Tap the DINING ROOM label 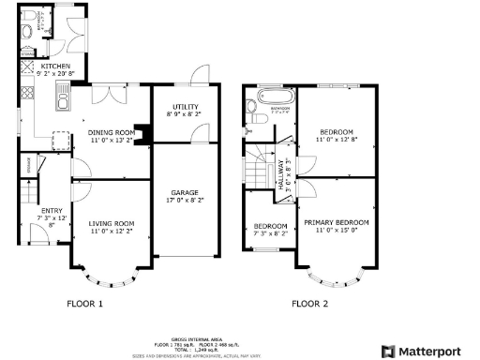(x=112, y=133)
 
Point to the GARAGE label (x=183, y=191)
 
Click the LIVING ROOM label (x=112, y=224)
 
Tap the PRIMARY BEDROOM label (x=336, y=222)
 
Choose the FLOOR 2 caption (x=309, y=303)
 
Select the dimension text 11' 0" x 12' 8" (x=336, y=140)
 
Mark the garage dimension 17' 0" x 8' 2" (x=183, y=199)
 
